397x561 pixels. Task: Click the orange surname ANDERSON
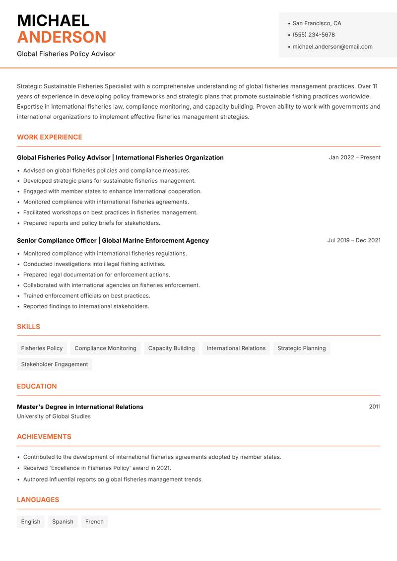[x=62, y=37]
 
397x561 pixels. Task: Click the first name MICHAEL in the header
[x=53, y=20]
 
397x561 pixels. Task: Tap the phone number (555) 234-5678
[x=313, y=35]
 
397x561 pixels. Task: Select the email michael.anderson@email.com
[x=332, y=47]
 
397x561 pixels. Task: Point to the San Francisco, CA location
[x=317, y=23]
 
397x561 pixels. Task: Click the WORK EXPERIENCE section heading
[x=49, y=137]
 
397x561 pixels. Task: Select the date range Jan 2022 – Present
[x=354, y=157]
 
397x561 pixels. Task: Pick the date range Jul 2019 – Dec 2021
[x=353, y=240]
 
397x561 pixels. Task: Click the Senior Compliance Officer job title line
[x=113, y=240]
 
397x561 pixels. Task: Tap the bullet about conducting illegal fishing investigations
[x=94, y=264]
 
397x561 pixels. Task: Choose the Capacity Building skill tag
[x=171, y=349]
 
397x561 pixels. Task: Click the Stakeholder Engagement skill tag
[x=54, y=364]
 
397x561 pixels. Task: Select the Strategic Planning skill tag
[x=301, y=349]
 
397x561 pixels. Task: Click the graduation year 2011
[x=375, y=407]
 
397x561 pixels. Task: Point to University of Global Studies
[x=54, y=417]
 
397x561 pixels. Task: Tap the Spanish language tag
[x=63, y=522]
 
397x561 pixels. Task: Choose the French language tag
[x=94, y=522]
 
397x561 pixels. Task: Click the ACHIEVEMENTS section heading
[x=44, y=437]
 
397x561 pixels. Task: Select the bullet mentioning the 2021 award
[x=97, y=468]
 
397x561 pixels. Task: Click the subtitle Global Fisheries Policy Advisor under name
[x=66, y=54]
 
